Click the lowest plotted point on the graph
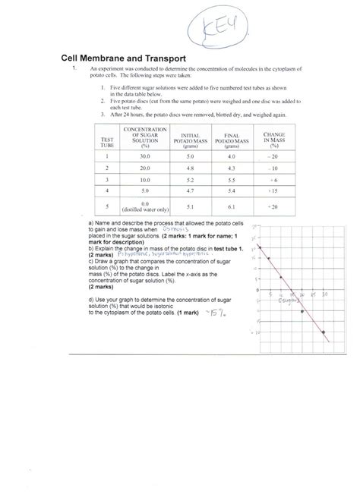click(325, 332)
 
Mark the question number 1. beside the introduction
click(74, 69)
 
